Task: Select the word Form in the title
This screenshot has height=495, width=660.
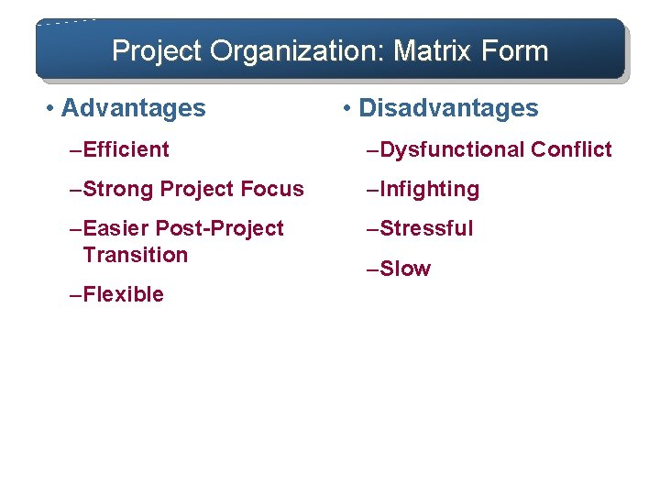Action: (x=515, y=50)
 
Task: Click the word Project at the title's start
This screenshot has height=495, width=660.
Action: (x=158, y=50)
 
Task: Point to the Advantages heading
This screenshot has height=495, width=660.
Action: (x=133, y=108)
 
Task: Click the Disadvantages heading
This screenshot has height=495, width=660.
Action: (x=448, y=108)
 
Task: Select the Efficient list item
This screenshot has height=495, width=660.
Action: (x=126, y=149)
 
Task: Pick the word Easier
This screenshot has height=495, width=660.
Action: (x=117, y=228)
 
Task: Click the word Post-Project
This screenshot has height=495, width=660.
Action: (x=221, y=228)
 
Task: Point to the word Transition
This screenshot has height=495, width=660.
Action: (x=135, y=255)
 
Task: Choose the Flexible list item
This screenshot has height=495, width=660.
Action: (x=123, y=294)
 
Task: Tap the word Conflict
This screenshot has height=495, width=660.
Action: (x=571, y=149)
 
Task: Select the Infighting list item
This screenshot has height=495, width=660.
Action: (x=429, y=189)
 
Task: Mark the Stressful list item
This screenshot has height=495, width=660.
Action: (x=426, y=228)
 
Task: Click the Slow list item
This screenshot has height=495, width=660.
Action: (x=404, y=269)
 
